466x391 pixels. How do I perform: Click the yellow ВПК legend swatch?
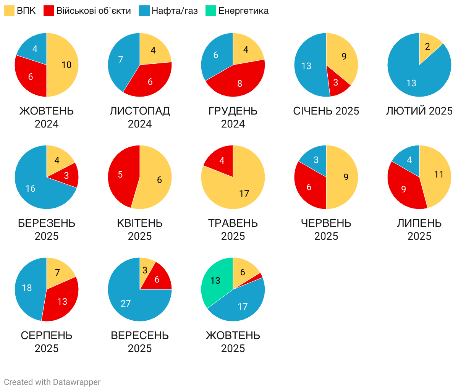pyautogui.click(x=9, y=11)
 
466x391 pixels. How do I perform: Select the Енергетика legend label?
pyautogui.click(x=243, y=11)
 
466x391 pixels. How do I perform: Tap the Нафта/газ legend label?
pyautogui.click(x=175, y=11)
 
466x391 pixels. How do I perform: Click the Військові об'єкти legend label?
pyautogui.click(x=94, y=11)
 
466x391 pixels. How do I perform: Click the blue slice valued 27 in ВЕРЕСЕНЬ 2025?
pyautogui.click(x=128, y=302)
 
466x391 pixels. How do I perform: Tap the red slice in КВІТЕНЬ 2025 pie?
pyautogui.click(x=121, y=176)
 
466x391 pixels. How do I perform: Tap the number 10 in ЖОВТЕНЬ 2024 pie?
pyautogui.click(x=66, y=65)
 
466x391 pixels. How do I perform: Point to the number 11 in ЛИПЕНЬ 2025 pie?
pyautogui.click(x=439, y=174)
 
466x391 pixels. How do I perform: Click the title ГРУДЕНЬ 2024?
pyautogui.click(x=233, y=117)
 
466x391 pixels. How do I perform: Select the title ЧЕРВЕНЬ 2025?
pyautogui.click(x=326, y=229)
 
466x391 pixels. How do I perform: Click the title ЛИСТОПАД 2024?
pyautogui.click(x=140, y=117)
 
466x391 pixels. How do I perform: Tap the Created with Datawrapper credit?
pyautogui.click(x=52, y=382)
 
